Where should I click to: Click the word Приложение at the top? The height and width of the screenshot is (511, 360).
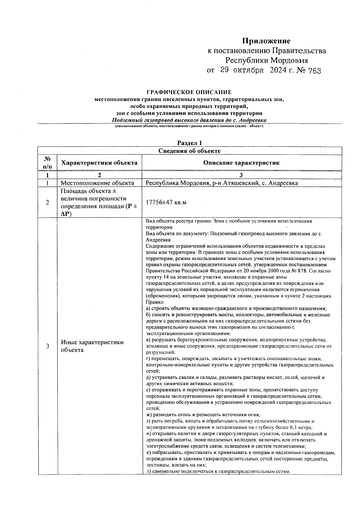pyautogui.click(x=266, y=41)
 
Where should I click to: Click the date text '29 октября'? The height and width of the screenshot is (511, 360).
pyautogui.click(x=242, y=71)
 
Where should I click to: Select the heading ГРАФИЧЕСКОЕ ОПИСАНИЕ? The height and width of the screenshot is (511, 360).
pyautogui.click(x=189, y=92)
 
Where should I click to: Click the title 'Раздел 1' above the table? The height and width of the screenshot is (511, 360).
pyautogui.click(x=189, y=143)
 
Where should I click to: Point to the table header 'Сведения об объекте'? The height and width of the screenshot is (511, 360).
pyautogui.click(x=189, y=151)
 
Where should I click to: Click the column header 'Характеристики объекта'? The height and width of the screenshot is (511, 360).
pyautogui.click(x=99, y=163)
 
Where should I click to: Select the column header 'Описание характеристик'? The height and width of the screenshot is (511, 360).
pyautogui.click(x=241, y=163)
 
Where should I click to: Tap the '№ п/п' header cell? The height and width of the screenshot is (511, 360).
pyautogui.click(x=47, y=162)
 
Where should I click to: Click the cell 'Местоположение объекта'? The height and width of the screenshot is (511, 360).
pyautogui.click(x=97, y=183)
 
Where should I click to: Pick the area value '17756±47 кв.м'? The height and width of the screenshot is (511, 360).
pyautogui.click(x=166, y=202)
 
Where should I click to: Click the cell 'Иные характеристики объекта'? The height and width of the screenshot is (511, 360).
pyautogui.click(x=92, y=346)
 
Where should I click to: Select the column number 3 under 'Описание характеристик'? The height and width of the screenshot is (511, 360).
pyautogui.click(x=241, y=175)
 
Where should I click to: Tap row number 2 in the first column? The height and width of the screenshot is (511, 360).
pyautogui.click(x=47, y=202)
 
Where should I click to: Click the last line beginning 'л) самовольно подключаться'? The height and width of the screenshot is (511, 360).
pyautogui.click(x=218, y=471)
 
